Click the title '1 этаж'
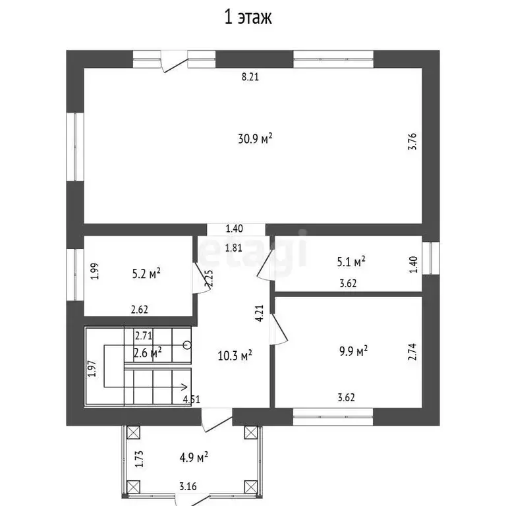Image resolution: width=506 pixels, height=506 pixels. pos(248,17)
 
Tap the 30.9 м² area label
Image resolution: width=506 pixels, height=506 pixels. pos(255,138)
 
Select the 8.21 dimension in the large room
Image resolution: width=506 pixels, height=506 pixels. pos(250,77)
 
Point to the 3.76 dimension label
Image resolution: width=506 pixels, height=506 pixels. pos(412,142)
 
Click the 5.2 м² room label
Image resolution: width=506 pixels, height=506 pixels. pos(146,273)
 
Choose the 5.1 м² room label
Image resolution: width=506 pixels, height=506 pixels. pos(351,262)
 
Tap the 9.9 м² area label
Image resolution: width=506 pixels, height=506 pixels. pos(353,351)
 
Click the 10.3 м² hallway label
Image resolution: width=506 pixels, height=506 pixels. pos(235,356)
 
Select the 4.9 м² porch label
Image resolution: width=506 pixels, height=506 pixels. pos(194,457)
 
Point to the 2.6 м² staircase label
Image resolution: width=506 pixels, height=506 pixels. pos(148,352)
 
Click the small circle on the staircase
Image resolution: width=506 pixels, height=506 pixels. pos(187,345)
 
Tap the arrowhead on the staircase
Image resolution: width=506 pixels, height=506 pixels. pos(184,387)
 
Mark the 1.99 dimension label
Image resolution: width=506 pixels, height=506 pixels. pos(95,271)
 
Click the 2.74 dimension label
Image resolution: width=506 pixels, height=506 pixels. pos(412,352)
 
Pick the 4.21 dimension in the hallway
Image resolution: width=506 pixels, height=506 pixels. pos(260,314)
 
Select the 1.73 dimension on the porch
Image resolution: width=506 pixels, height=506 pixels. pos(139,459)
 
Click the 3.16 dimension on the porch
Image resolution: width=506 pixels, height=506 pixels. pos(188,486)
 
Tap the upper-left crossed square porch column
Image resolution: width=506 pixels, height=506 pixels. pos(133,433)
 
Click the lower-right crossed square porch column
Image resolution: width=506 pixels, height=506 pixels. pos(251,487)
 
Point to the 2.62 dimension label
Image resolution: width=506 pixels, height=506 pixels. pos(140,310)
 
